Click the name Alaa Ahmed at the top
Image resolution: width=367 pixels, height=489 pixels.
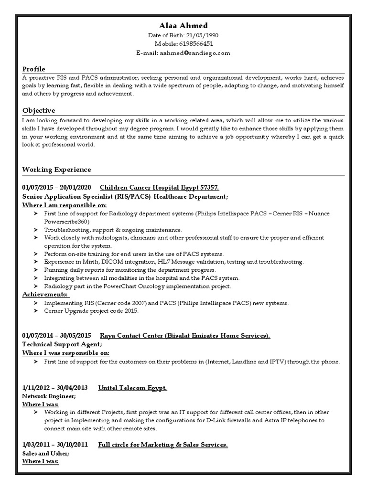click(x=183, y=25)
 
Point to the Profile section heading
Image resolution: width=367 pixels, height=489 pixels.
click(x=34, y=69)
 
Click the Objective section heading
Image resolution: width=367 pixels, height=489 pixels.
click(x=39, y=110)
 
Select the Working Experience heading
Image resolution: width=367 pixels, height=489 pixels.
click(x=56, y=170)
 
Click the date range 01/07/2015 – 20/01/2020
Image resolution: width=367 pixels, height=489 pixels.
click(x=57, y=187)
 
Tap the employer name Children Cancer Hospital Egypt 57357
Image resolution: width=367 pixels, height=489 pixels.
click(x=159, y=187)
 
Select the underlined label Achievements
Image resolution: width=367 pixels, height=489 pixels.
click(x=45, y=294)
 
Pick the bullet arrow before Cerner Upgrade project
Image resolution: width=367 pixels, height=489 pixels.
click(x=36, y=311)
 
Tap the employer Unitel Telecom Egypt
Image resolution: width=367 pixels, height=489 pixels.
click(x=132, y=388)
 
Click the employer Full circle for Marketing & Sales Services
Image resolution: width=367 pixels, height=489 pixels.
click(x=163, y=445)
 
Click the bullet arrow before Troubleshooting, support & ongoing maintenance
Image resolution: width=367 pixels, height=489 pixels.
click(x=36, y=230)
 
